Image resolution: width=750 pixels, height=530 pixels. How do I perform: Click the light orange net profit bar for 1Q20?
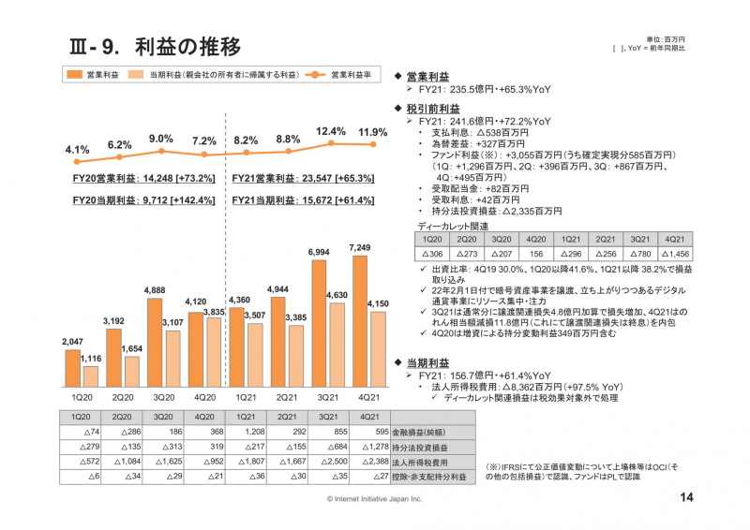tap(90, 376)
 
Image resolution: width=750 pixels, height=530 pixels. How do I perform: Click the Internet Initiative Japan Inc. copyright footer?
tap(374, 499)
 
